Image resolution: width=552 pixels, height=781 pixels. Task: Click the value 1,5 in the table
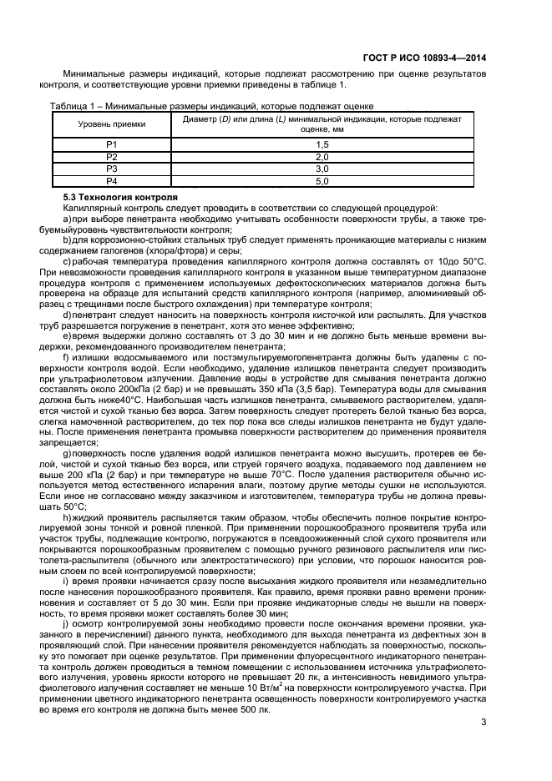pyautogui.click(x=322, y=145)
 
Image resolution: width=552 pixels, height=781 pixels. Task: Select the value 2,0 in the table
pyautogui.click(x=322, y=157)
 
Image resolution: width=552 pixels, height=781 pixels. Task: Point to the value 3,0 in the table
pyautogui.click(x=322, y=169)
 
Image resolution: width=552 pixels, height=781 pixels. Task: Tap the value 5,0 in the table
pyautogui.click(x=322, y=180)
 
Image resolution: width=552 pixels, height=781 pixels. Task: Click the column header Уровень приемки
pyautogui.click(x=112, y=123)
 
